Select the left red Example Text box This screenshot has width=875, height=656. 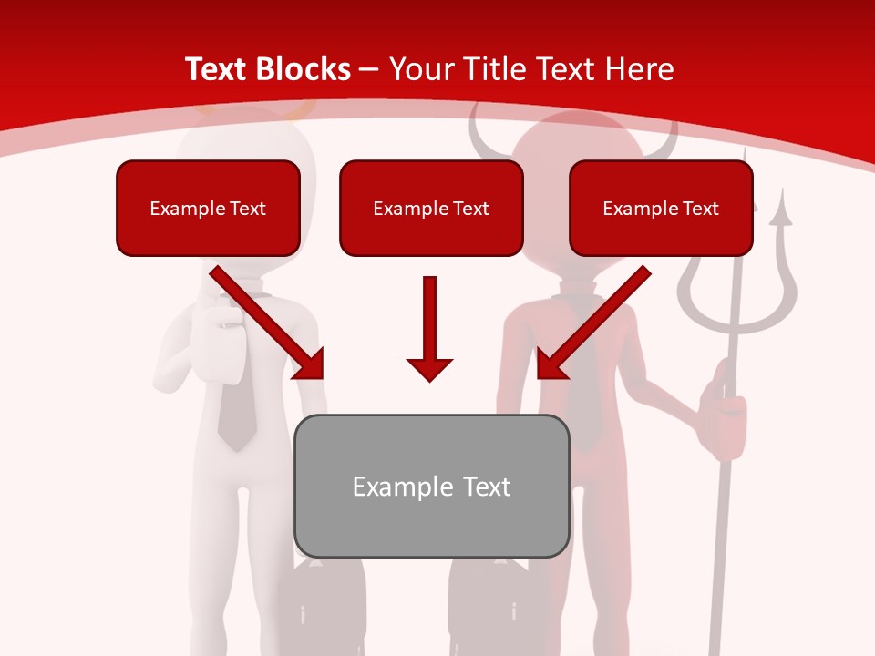click(208, 208)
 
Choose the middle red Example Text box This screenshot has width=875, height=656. click(431, 208)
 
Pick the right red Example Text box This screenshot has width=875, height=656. click(661, 208)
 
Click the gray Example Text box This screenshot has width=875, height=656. click(431, 486)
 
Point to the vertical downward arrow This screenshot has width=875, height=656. click(429, 328)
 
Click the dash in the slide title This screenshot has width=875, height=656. click(369, 70)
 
